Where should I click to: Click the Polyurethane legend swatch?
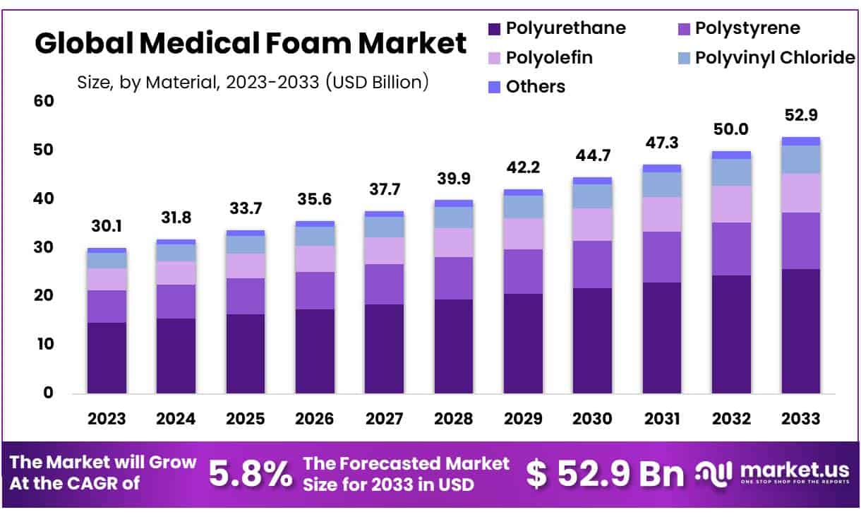(x=494, y=30)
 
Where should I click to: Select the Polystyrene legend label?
(x=747, y=28)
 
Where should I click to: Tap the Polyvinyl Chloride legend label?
(x=775, y=57)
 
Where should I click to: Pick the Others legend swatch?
(x=494, y=87)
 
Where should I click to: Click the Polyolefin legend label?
(x=549, y=57)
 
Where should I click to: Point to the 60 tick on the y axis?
(x=44, y=101)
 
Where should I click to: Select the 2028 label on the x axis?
(x=453, y=418)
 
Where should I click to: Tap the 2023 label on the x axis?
(x=107, y=418)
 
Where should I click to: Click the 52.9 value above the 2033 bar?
(x=800, y=115)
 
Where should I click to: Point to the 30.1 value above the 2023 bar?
(x=107, y=226)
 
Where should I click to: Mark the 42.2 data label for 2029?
(x=523, y=167)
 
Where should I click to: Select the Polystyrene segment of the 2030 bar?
(x=592, y=264)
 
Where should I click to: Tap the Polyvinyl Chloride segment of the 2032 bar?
(x=731, y=172)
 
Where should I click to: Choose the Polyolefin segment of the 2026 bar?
(x=315, y=258)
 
